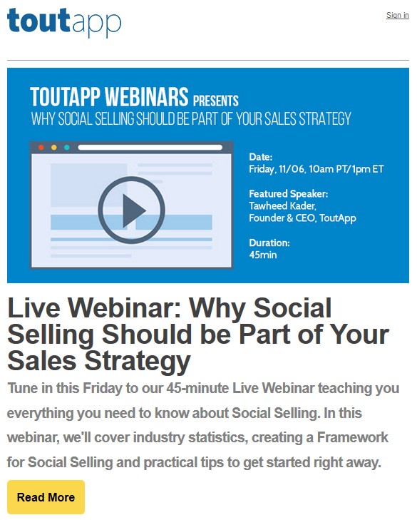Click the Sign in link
(398, 15)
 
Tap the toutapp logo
(64, 22)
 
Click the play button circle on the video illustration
(131, 210)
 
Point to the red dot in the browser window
(41, 148)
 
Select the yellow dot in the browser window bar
(54, 148)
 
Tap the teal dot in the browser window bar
(66, 148)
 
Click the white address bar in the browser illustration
(150, 148)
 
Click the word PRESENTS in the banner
(216, 101)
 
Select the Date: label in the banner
(261, 157)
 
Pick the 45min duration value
(263, 255)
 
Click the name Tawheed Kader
(282, 206)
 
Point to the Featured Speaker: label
(289, 194)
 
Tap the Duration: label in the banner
(269, 243)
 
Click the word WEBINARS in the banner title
(147, 96)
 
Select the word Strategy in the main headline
(138, 361)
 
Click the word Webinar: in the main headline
(124, 308)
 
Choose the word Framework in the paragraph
(352, 437)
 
